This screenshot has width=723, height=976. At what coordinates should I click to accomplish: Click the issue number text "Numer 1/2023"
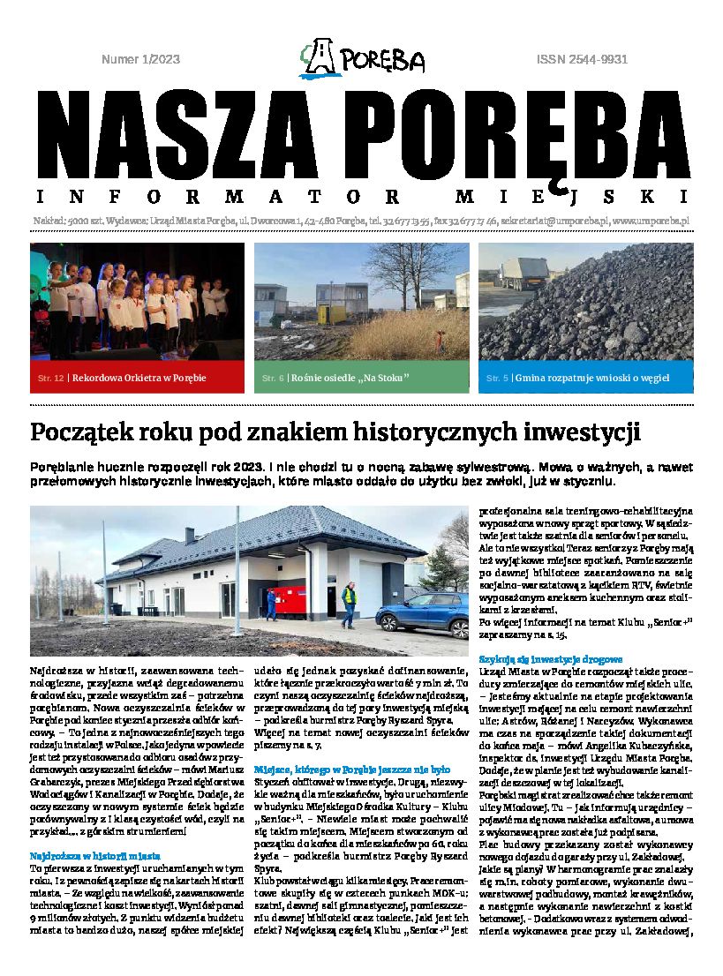click(x=140, y=60)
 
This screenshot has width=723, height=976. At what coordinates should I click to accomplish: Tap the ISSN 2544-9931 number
click(x=582, y=60)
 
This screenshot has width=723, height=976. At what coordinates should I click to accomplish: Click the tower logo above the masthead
click(x=320, y=57)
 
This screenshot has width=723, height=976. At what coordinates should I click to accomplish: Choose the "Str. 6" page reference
click(x=273, y=379)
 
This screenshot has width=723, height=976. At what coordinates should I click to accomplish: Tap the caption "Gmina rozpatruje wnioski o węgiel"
click(x=591, y=378)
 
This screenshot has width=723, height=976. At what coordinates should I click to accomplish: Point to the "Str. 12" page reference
click(x=50, y=379)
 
